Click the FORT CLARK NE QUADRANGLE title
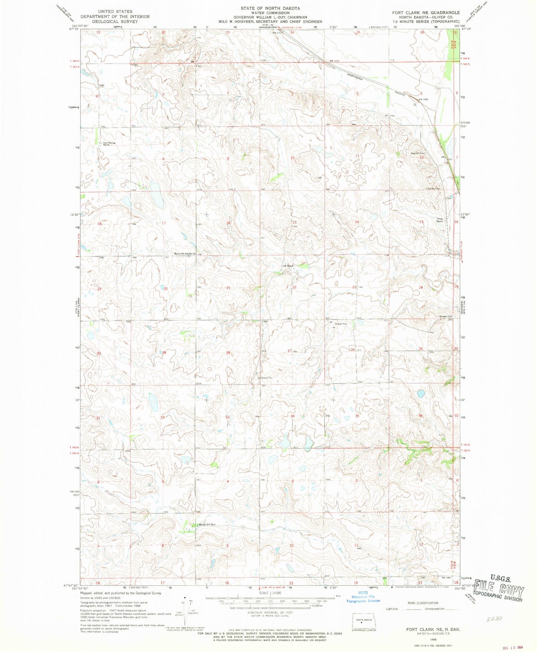pyautogui.click(x=426, y=13)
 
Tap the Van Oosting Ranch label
pyautogui.click(x=107, y=143)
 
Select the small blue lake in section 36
pyautogui.click(x=421, y=394)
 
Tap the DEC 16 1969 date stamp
pyautogui.click(x=516, y=648)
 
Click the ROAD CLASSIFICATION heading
pyautogui.click(x=423, y=603)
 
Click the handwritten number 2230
pyautogui.click(x=494, y=619)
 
